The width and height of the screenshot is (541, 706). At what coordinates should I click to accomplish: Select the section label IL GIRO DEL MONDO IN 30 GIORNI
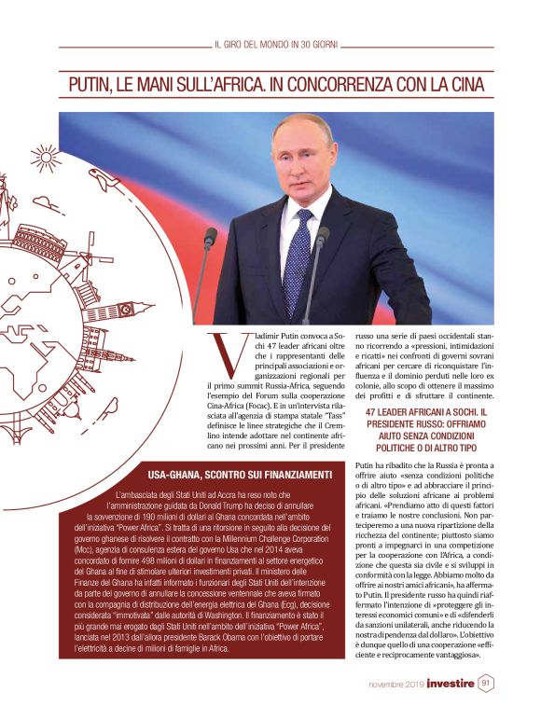[275, 44]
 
